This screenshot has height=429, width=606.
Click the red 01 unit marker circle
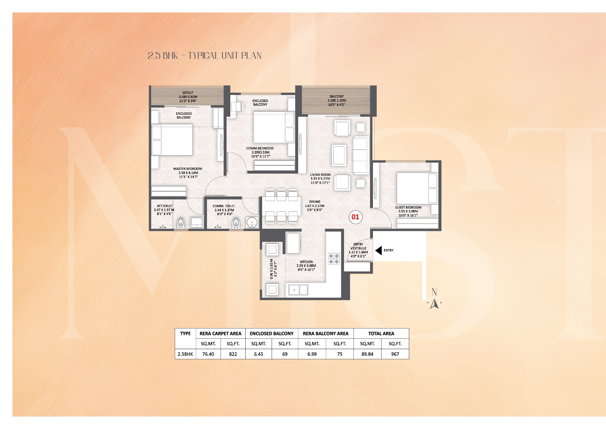click(x=355, y=217)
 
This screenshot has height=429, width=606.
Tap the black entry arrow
click(x=379, y=250)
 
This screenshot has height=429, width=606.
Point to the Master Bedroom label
click(x=188, y=173)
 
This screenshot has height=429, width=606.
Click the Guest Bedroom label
click(x=408, y=212)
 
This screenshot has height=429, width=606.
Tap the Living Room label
click(x=320, y=179)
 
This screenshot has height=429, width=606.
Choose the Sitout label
click(x=188, y=97)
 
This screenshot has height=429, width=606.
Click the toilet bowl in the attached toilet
click(x=181, y=223)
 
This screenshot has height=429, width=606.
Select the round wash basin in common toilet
click(x=252, y=223)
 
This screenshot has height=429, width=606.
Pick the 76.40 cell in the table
click(x=208, y=354)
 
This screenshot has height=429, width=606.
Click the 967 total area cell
click(x=395, y=354)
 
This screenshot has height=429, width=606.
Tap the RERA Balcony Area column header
click(x=326, y=334)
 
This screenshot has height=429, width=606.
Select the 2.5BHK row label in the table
click(x=185, y=354)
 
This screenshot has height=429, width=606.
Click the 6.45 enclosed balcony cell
click(x=259, y=354)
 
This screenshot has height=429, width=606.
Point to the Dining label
click(x=315, y=206)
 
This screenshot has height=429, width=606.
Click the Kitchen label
click(x=306, y=266)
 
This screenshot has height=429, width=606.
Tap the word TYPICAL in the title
click(x=203, y=56)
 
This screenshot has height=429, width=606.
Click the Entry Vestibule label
click(x=358, y=250)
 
